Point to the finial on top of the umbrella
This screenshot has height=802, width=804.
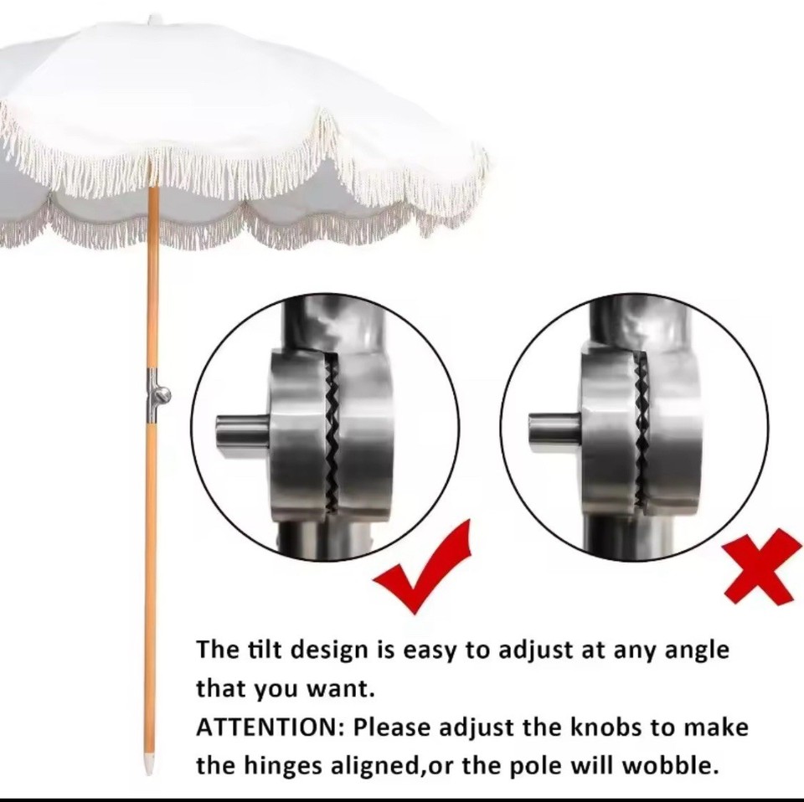[x=154, y=18]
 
